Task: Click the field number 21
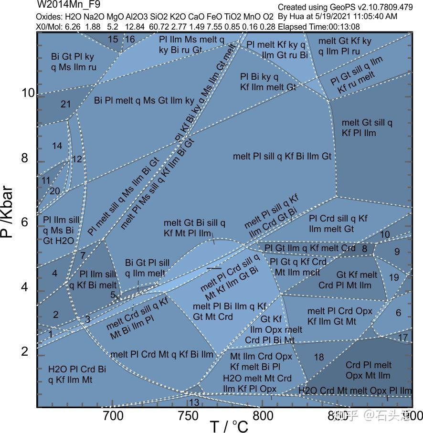(66, 104)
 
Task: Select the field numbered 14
(57, 146)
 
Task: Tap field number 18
(318, 357)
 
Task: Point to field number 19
(394, 277)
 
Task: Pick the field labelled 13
(194, 402)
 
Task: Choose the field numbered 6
(398, 313)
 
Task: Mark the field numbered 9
(397, 252)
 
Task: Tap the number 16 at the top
(130, 39)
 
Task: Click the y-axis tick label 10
(28, 93)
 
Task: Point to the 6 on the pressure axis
(25, 222)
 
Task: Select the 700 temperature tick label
(113, 416)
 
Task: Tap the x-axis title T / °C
(229, 426)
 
